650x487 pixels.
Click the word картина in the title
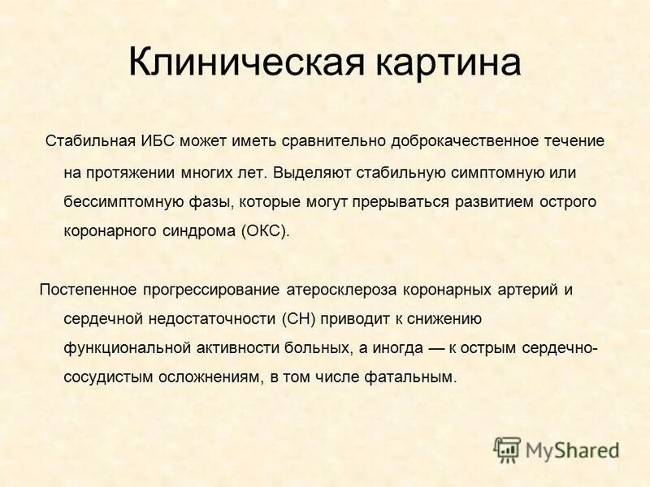tap(445, 64)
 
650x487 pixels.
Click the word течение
tap(574, 141)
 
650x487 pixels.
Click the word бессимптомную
tap(115, 200)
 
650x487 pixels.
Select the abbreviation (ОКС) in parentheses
tap(264, 231)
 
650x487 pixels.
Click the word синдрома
tap(203, 231)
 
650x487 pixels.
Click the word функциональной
tap(127, 347)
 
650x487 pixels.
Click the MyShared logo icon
tap(506, 449)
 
